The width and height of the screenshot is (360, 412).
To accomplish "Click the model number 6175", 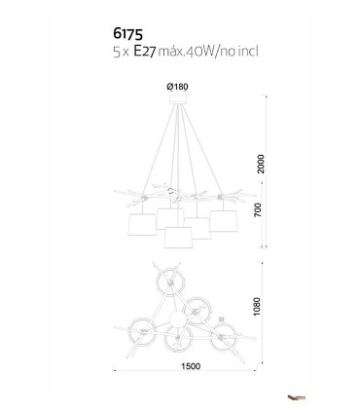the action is [127, 33].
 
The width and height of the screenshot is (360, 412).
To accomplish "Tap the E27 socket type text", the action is [145, 52].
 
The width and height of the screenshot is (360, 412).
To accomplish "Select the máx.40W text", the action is [187, 52].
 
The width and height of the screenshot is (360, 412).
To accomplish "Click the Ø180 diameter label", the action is [177, 87].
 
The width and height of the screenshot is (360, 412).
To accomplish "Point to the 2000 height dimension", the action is [261, 164].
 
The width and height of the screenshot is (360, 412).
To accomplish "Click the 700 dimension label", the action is [258, 209].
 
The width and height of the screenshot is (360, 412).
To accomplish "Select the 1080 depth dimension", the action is [257, 307].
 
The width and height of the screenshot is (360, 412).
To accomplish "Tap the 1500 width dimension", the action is [191, 366].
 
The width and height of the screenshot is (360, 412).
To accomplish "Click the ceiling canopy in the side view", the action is [179, 98].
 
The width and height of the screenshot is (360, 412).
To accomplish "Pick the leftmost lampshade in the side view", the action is [142, 224].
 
